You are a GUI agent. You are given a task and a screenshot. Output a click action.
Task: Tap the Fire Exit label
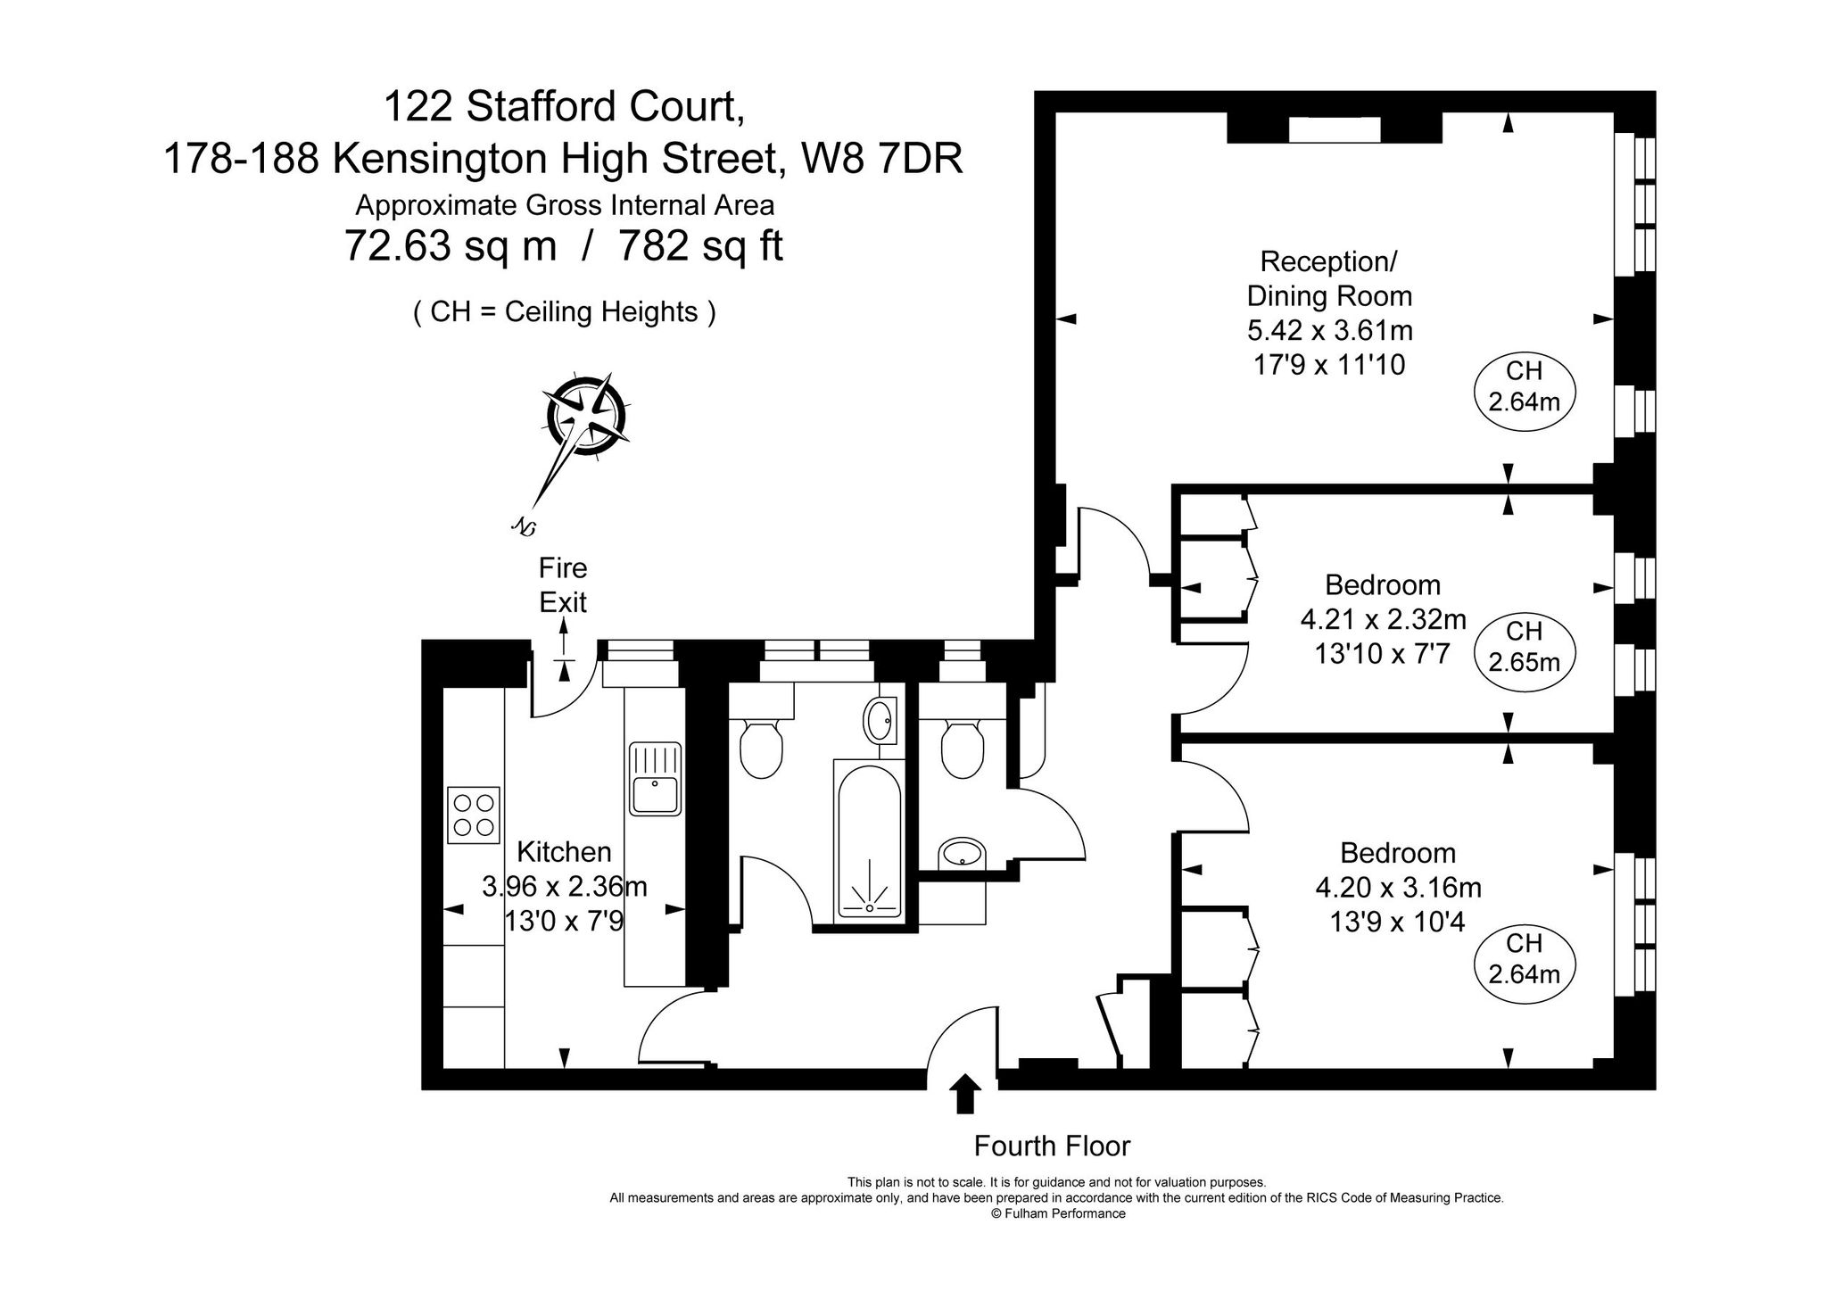[563, 585]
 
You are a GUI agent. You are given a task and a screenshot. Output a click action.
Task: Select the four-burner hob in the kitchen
[474, 815]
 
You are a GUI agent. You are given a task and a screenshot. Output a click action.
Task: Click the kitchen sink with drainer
[655, 778]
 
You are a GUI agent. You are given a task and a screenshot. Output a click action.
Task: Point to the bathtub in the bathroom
[869, 839]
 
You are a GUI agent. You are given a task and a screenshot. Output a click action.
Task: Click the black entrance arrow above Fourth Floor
[964, 1093]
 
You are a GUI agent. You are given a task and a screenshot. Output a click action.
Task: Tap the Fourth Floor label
[1052, 1146]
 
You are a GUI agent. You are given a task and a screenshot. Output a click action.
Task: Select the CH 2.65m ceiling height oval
[1524, 647]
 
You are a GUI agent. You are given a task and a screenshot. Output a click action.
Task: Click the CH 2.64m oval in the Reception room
[1524, 387]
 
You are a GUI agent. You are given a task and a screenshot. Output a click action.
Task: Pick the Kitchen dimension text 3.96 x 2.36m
[564, 887]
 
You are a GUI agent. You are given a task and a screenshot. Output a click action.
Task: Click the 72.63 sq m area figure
[451, 245]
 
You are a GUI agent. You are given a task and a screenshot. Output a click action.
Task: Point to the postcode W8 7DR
[881, 160]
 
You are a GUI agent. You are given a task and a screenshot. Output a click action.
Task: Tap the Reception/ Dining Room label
[1328, 278]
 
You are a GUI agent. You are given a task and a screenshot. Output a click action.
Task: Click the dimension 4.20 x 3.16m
[1398, 888]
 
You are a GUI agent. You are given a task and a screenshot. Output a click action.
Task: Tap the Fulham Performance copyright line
[1058, 1213]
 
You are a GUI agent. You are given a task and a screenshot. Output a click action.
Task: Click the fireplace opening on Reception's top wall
[1335, 130]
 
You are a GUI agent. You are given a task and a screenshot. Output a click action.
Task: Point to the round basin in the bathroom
[880, 719]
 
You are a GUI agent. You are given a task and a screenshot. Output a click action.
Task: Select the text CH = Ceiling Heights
[565, 312]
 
